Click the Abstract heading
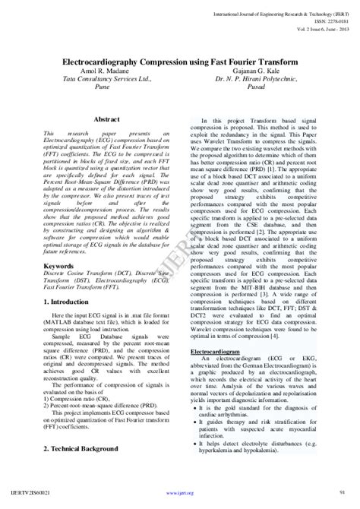(x=107, y=119)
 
